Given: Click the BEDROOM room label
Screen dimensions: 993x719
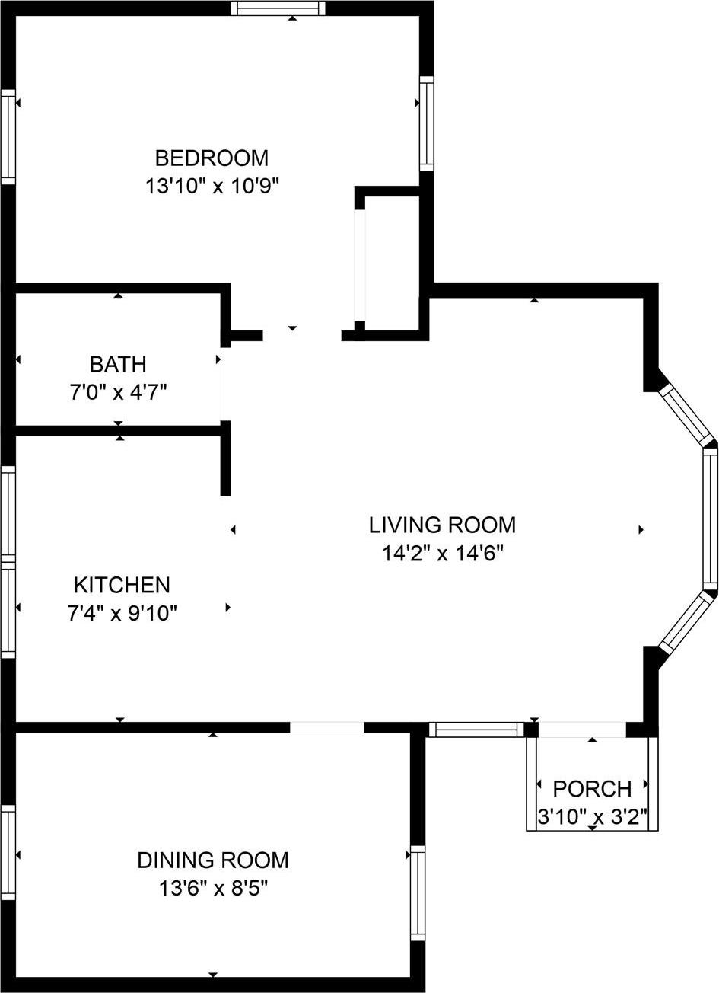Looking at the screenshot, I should tap(212, 158).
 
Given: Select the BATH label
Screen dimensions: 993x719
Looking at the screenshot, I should tap(117, 364).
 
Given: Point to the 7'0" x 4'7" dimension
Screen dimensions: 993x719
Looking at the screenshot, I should tap(117, 392).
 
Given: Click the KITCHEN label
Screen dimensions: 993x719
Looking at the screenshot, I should tap(122, 585).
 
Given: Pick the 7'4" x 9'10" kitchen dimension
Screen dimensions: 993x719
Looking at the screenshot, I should tap(122, 613).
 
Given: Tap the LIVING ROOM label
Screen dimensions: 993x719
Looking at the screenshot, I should tap(442, 525).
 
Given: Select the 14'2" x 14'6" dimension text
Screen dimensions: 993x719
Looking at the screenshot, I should tap(442, 553).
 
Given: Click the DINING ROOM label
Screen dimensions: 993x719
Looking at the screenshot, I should tap(213, 860).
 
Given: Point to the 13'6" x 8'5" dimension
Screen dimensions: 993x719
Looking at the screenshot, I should tap(213, 888).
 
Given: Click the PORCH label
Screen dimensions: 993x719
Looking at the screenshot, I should tap(592, 788).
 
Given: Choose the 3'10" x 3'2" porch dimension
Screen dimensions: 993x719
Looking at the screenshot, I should tap(592, 817).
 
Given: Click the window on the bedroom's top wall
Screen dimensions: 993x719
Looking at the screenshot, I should tap(278, 8).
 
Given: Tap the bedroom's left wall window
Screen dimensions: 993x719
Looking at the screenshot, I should tap(8, 136).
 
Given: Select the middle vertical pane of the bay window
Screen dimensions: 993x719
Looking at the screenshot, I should tap(710, 518).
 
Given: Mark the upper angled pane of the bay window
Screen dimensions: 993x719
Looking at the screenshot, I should tap(684, 413).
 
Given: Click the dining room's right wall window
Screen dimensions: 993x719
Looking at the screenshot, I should tap(418, 892).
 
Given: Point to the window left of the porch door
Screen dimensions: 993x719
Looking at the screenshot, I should tap(476, 730).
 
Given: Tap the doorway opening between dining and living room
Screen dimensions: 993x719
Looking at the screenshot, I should tap(327, 727).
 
